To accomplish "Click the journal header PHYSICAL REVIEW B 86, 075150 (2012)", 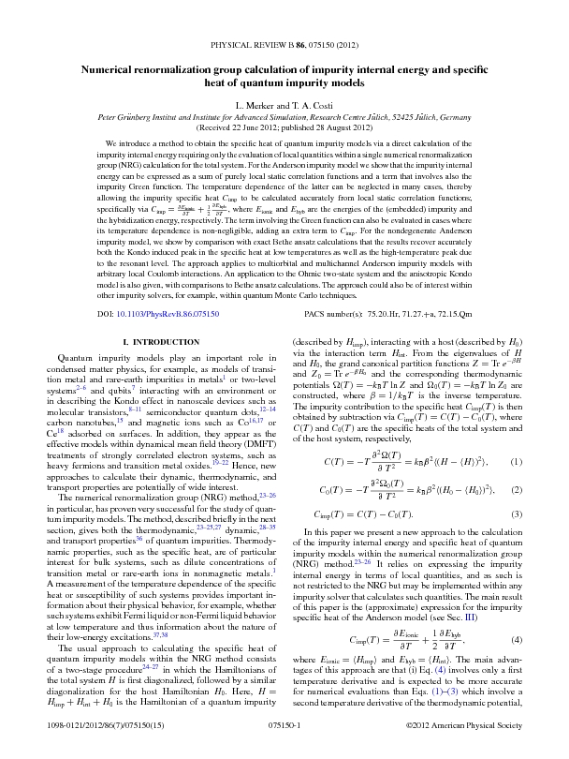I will point(284,44).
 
